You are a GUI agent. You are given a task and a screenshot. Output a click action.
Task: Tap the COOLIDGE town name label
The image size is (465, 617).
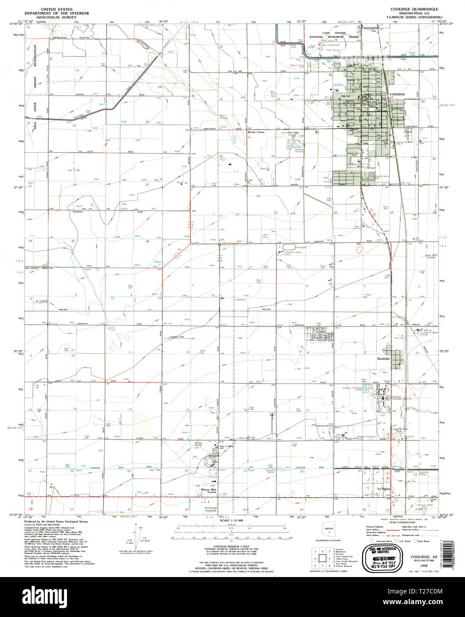tap(397, 95)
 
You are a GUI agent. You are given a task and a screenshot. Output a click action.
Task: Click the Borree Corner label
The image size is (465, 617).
tap(256, 132)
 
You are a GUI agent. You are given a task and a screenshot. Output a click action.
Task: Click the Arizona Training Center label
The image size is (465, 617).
tap(402, 398)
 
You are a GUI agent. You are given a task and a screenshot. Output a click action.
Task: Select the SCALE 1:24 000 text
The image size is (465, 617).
tap(232, 520)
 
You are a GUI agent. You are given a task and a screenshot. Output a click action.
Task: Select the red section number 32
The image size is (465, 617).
tap(275, 213)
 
